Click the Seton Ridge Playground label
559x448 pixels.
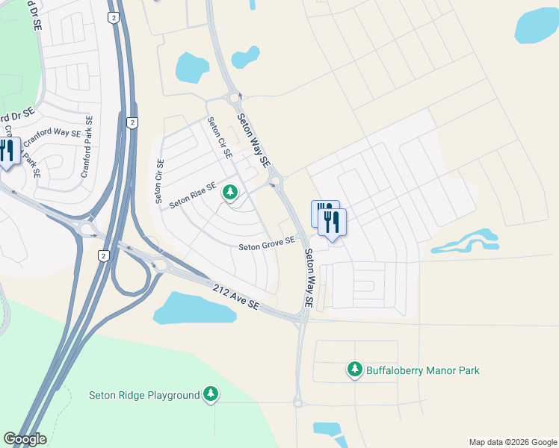(x=144, y=395)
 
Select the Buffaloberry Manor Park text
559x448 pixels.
(x=422, y=370)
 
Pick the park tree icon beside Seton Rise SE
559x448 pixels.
(x=230, y=193)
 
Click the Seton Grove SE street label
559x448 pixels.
(x=266, y=244)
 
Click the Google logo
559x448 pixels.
(x=25, y=439)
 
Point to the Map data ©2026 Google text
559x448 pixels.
(x=513, y=442)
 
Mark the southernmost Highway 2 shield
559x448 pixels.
(x=103, y=255)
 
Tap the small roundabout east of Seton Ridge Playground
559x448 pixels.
(x=297, y=403)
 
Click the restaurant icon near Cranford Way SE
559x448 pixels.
(x=7, y=150)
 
